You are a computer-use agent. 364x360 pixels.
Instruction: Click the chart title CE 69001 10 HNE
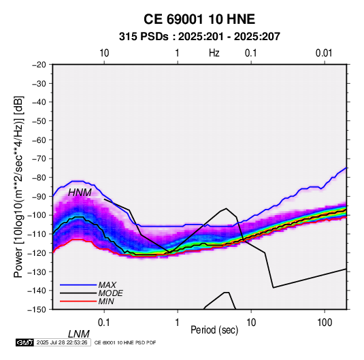(199, 19)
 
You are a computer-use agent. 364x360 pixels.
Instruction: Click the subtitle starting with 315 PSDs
(199, 37)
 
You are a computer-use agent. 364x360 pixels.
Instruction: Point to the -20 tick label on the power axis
(39, 65)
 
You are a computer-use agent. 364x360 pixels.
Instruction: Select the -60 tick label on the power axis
(39, 140)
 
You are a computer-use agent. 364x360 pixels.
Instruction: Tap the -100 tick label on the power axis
(37, 215)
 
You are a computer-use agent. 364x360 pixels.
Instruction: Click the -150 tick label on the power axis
(37, 310)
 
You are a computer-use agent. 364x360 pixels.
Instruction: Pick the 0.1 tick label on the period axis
(104, 323)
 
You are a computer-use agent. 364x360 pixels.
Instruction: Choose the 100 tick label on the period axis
(325, 323)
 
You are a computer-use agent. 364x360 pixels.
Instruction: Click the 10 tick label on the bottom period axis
(251, 323)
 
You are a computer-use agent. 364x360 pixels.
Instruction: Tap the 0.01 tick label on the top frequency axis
(324, 53)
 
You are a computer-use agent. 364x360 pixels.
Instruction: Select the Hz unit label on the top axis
(214, 53)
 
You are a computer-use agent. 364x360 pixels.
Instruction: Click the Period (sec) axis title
(214, 330)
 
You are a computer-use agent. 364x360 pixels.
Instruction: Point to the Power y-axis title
(18, 186)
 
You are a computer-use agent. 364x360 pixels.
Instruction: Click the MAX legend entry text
(107, 284)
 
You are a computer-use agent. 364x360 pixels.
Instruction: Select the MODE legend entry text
(110, 293)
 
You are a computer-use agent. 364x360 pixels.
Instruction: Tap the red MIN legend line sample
(78, 301)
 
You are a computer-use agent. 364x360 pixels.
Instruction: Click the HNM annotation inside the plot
(80, 193)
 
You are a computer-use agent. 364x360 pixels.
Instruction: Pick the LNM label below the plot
(79, 334)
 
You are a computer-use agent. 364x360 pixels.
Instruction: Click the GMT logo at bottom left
(25, 342)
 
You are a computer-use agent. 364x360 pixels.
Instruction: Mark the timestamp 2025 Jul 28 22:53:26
(62, 342)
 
